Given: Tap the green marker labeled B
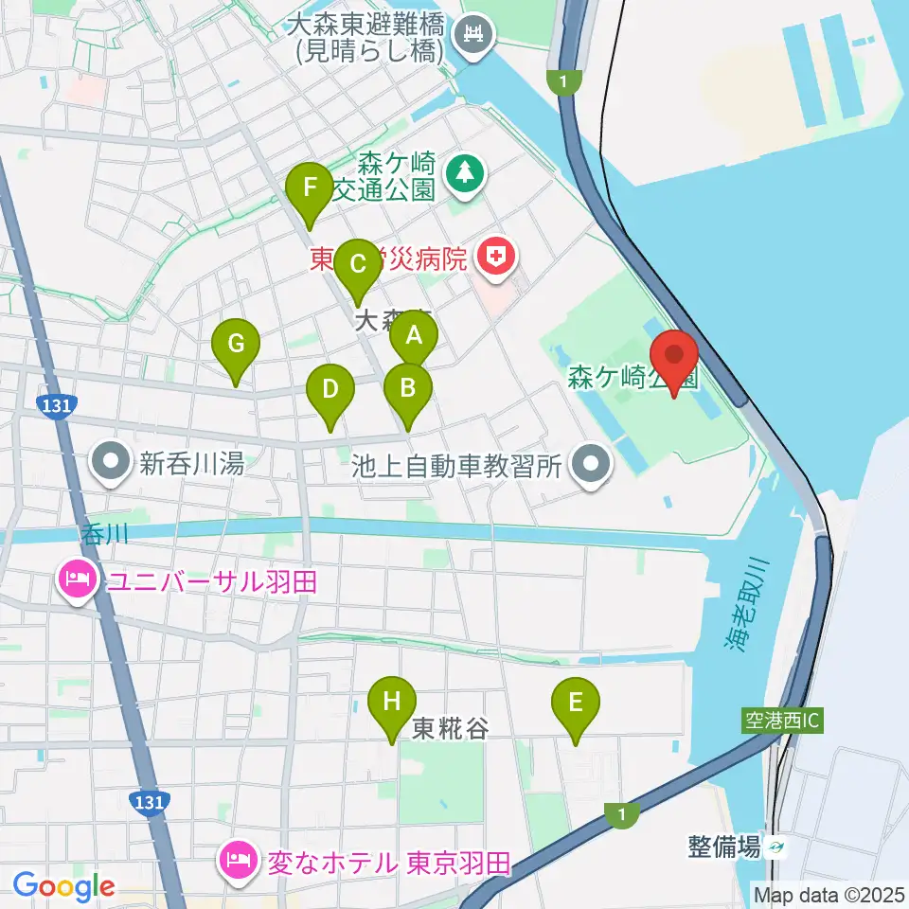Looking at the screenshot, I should (408, 388).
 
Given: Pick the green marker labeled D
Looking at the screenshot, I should (330, 390).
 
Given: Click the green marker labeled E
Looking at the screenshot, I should (576, 703).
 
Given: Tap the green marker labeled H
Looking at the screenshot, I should (392, 703).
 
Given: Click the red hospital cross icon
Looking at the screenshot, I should (494, 255).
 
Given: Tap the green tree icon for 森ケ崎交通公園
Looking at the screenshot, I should (465, 171).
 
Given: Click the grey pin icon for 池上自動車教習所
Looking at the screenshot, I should (594, 464).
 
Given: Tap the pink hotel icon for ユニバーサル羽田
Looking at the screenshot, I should (77, 579).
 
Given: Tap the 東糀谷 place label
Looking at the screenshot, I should (451, 728).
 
